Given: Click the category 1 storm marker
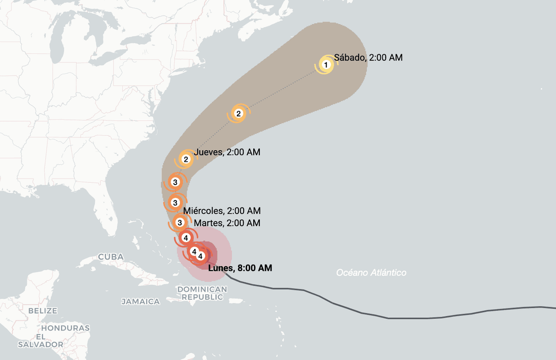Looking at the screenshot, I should click(326, 65).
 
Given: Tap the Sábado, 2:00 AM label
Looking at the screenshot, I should click(368, 57).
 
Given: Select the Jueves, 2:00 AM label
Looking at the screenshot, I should click(227, 152).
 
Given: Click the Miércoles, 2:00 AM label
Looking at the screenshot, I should click(222, 211).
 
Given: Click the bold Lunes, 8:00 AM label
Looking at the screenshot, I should click(240, 268).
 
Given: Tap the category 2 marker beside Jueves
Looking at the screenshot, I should click(186, 159).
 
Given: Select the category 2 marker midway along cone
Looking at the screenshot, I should click(238, 114).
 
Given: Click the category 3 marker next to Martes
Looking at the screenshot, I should click(179, 222).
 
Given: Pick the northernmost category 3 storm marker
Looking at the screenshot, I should click(175, 182).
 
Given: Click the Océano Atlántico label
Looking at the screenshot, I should click(371, 273).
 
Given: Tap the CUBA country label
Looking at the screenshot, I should click(111, 257).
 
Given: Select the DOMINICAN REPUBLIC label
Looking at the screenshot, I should click(202, 293).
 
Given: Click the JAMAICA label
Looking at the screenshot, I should click(140, 301).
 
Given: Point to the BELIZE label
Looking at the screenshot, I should click(43, 311).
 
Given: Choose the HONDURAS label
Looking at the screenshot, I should click(65, 328).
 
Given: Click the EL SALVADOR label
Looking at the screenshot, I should click(40, 340).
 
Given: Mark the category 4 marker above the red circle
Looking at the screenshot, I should click(186, 238).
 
